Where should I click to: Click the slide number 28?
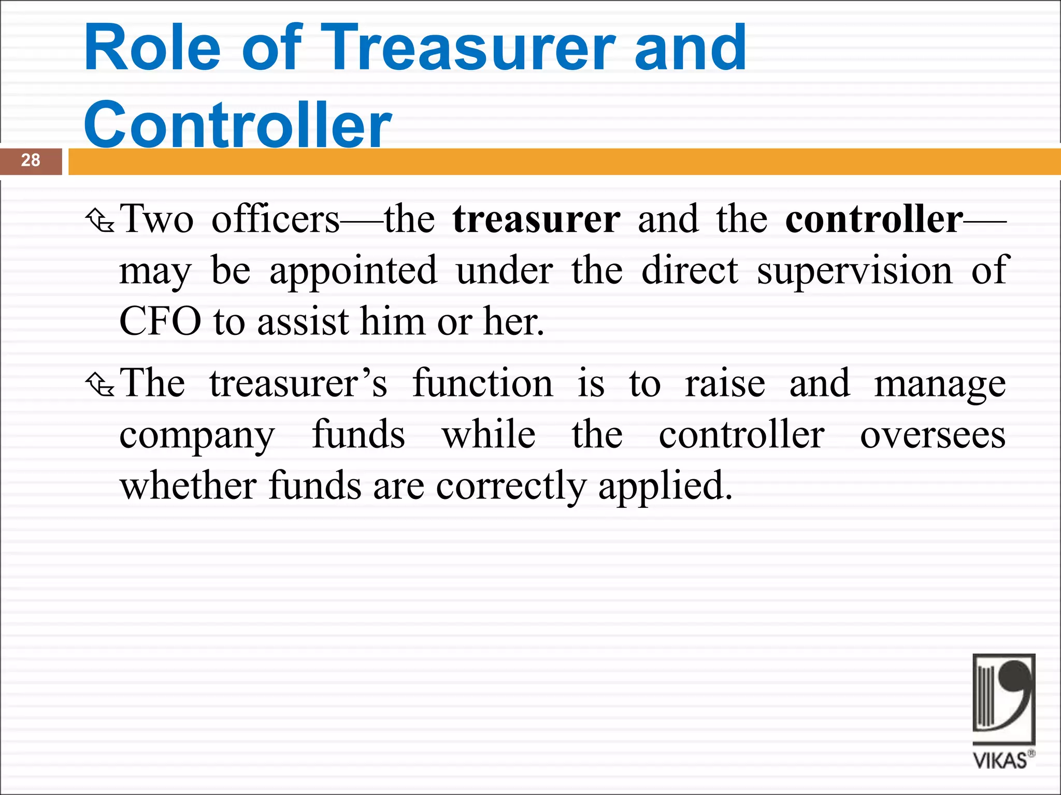click(31, 160)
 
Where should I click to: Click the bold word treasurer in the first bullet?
click(536, 219)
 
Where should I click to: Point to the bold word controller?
click(874, 219)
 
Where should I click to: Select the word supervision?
click(854, 271)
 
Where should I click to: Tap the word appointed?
click(353, 271)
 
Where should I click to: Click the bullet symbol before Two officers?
click(100, 220)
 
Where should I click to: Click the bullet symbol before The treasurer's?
click(100, 385)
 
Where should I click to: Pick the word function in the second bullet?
click(482, 384)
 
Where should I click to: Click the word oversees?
click(933, 435)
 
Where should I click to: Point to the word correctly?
click(511, 487)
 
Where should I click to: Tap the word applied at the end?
click(665, 487)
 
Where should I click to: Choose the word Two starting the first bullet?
click(156, 219)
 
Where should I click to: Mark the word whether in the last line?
click(188, 487)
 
